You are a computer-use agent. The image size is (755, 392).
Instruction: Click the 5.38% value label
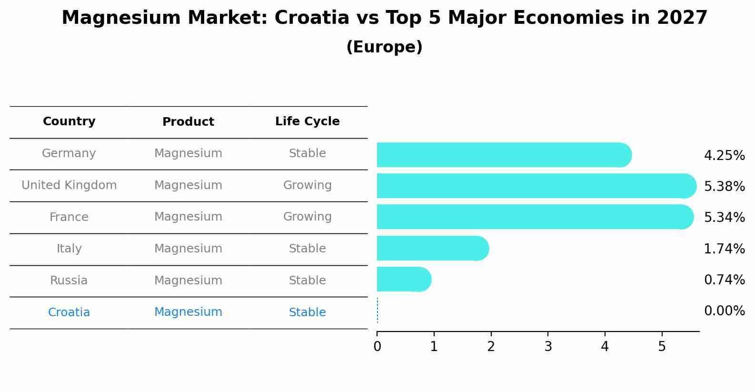click(724, 186)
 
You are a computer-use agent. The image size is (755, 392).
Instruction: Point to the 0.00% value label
click(724, 311)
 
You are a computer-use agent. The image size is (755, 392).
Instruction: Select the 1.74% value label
click(724, 249)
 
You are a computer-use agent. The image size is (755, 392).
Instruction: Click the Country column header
click(69, 121)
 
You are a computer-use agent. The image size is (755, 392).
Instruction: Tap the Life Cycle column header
click(307, 121)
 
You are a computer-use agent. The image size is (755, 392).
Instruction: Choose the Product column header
click(188, 122)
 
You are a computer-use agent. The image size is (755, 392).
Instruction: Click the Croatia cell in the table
click(69, 312)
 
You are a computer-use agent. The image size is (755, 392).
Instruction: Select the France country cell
click(69, 217)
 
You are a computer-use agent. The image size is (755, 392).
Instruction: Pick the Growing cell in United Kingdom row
click(307, 185)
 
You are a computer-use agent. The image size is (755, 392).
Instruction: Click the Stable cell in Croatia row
click(307, 312)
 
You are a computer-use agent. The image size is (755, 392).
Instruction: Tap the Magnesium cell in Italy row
click(188, 249)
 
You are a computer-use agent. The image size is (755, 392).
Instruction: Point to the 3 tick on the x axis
click(548, 347)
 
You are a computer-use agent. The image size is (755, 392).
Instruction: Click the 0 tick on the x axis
click(377, 347)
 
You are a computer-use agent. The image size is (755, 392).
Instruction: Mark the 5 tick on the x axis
click(662, 347)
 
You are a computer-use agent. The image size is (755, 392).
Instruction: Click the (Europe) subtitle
click(384, 47)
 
